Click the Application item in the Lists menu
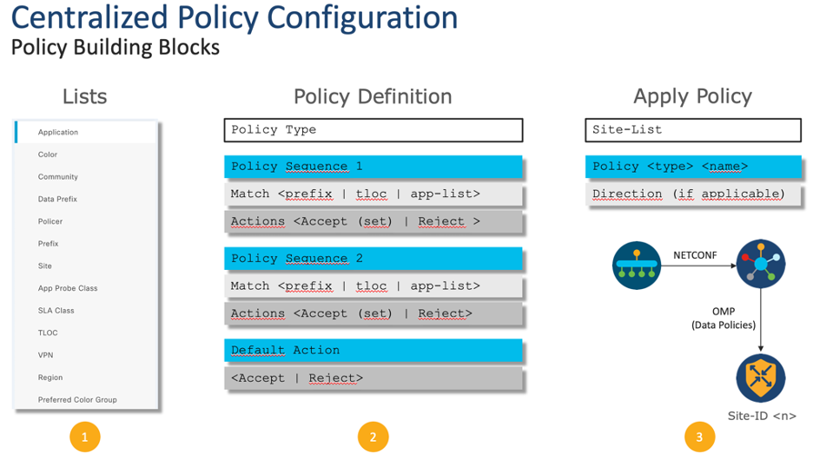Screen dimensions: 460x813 pyautogui.click(x=58, y=132)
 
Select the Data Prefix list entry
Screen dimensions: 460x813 pyautogui.click(x=57, y=199)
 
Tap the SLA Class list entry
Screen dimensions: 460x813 pyautogui.click(x=56, y=310)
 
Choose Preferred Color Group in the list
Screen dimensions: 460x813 pyautogui.click(x=77, y=399)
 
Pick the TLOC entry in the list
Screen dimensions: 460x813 pyautogui.click(x=48, y=332)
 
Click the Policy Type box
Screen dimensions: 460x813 pyautogui.click(x=373, y=130)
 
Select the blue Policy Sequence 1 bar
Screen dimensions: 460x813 pyautogui.click(x=373, y=167)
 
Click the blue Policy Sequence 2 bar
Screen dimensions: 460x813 pyautogui.click(x=373, y=259)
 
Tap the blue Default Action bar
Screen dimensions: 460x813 pyautogui.click(x=373, y=351)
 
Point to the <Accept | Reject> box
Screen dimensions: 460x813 pyautogui.click(x=373, y=378)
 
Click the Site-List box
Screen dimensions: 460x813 pyautogui.click(x=692, y=130)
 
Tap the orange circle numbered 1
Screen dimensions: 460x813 pyautogui.click(x=84, y=437)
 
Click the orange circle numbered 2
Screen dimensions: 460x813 pyautogui.click(x=373, y=437)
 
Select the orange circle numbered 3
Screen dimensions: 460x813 pyautogui.click(x=699, y=437)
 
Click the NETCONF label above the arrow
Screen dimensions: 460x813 pyautogui.click(x=694, y=255)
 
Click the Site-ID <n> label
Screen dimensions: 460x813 pyautogui.click(x=762, y=416)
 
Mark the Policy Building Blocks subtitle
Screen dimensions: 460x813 pyautogui.click(x=116, y=47)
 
